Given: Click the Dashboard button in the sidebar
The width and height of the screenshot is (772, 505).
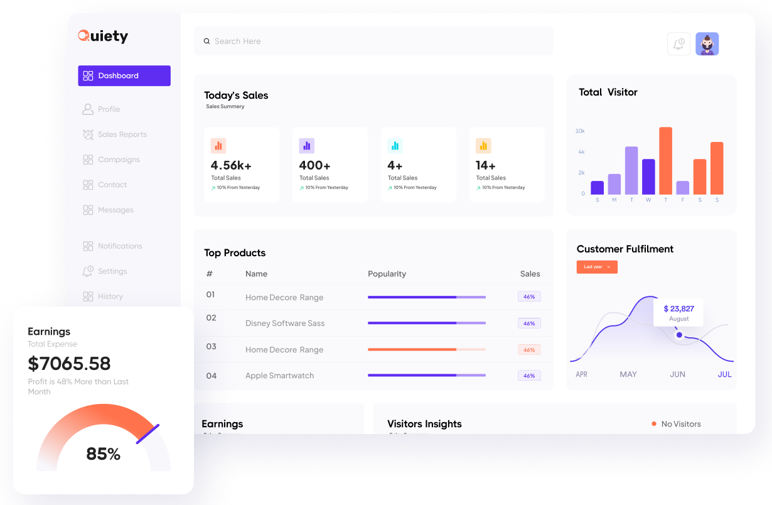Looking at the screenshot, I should [124, 75].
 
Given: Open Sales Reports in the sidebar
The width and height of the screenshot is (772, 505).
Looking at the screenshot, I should [122, 134].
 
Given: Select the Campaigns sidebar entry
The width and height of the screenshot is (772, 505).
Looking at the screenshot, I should [119, 160].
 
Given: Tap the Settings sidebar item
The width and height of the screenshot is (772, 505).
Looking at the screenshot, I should [112, 271].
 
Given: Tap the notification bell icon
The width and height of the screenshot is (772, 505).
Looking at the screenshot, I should [678, 44].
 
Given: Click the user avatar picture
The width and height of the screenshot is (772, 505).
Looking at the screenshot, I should [707, 44].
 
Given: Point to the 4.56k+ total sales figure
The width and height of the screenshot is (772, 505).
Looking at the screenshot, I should [231, 165].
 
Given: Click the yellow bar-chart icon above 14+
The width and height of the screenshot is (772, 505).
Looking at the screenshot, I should [483, 146].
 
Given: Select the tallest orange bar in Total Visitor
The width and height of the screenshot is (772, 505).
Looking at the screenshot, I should [665, 161].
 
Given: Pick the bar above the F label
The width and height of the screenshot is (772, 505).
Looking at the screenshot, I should [683, 188].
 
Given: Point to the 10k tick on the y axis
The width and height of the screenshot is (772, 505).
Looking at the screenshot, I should [580, 131].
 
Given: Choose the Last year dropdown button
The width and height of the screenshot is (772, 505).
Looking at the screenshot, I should [597, 267].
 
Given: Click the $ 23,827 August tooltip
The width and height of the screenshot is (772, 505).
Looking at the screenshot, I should [678, 312].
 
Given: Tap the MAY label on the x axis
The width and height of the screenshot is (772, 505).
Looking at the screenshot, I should [628, 374].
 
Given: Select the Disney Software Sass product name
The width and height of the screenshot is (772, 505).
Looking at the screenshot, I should [285, 323].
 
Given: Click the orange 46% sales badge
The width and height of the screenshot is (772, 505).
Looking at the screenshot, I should [529, 350].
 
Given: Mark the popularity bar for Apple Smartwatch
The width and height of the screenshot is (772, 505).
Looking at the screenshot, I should [427, 375].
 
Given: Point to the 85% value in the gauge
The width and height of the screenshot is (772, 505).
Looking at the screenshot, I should [103, 453].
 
